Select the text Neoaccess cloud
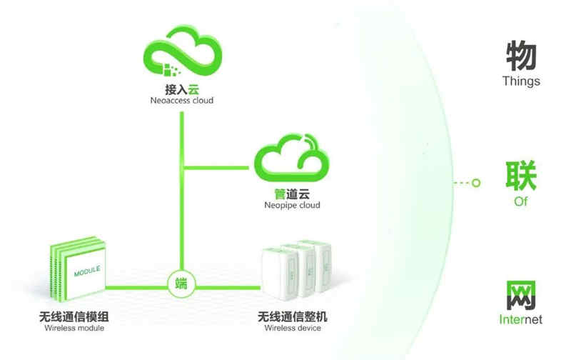coord(181,101)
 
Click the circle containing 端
coord(181,282)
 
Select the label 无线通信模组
coord(74,316)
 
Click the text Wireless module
coord(74,329)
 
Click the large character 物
coord(520,56)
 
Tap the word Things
coord(520,81)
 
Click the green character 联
coord(520,176)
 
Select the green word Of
coord(520,201)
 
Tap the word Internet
coord(520,319)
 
